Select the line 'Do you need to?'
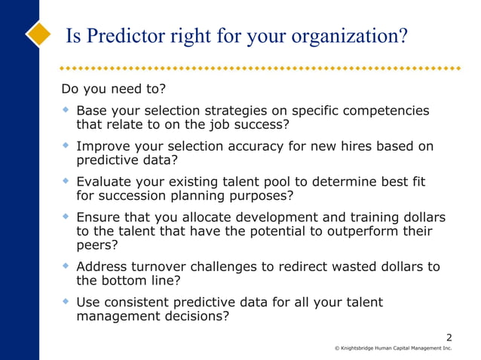113,90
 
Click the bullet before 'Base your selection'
66,110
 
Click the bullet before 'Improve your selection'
66,145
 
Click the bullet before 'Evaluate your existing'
66,182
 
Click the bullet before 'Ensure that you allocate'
66,217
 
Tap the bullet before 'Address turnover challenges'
66,267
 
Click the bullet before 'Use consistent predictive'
66,302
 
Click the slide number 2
449,337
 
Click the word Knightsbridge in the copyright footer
363,349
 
